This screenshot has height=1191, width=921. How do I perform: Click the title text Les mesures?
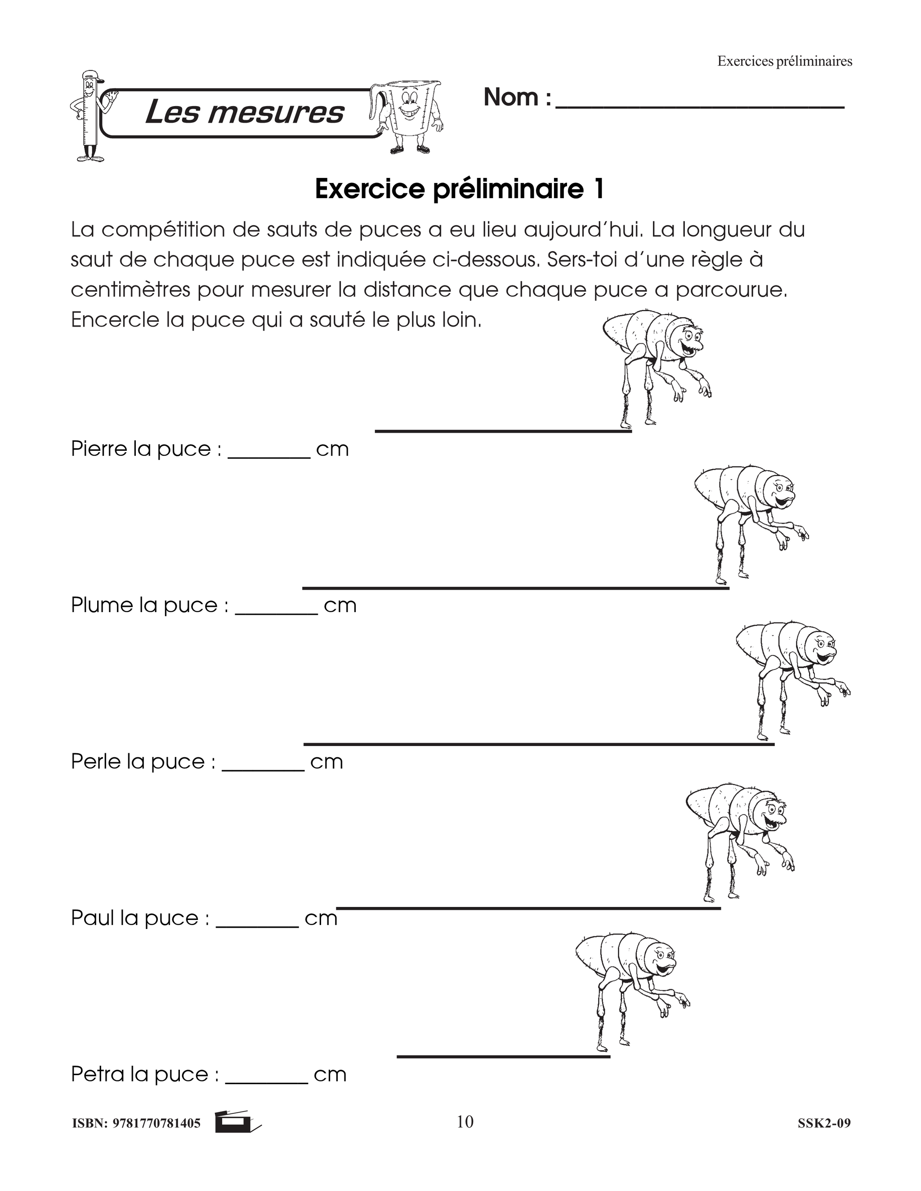244,113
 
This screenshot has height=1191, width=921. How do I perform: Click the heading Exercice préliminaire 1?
460,189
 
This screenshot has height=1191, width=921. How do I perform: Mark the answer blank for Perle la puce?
263,769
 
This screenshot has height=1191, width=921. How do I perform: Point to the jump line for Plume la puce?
516,588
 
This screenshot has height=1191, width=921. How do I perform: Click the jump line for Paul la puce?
528,908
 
